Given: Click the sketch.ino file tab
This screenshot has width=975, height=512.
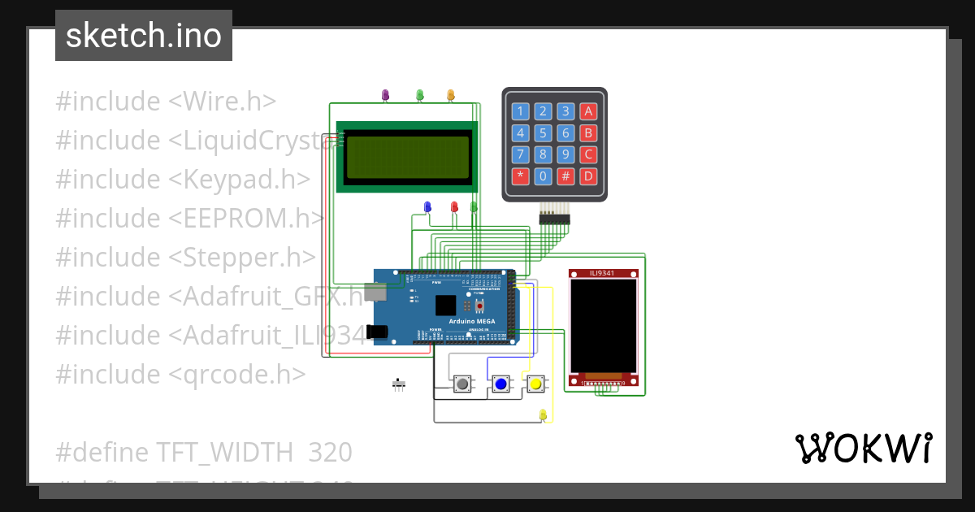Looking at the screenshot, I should click(144, 36).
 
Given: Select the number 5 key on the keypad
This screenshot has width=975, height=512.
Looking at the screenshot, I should click(544, 133).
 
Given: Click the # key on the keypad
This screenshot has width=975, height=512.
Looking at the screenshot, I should click(566, 176).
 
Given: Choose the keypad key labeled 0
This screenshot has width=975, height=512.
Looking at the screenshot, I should click(544, 176).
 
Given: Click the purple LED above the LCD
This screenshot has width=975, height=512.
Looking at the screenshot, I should click(385, 95).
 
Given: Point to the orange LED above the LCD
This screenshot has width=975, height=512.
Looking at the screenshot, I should click(451, 95).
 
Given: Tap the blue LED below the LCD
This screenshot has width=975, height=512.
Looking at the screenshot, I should click(427, 207).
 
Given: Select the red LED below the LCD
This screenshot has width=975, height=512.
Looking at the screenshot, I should click(454, 207).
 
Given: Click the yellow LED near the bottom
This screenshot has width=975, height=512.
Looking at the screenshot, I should click(543, 415).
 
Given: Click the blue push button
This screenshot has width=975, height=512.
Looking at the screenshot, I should click(500, 384).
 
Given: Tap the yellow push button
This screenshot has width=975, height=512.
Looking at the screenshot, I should click(535, 384).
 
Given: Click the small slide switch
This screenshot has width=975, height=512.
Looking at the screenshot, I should click(398, 384).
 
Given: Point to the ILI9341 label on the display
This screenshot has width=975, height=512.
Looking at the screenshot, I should click(603, 274).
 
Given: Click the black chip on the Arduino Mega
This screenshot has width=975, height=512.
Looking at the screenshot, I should click(445, 305).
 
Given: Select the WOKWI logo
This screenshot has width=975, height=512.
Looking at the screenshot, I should click(864, 448).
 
